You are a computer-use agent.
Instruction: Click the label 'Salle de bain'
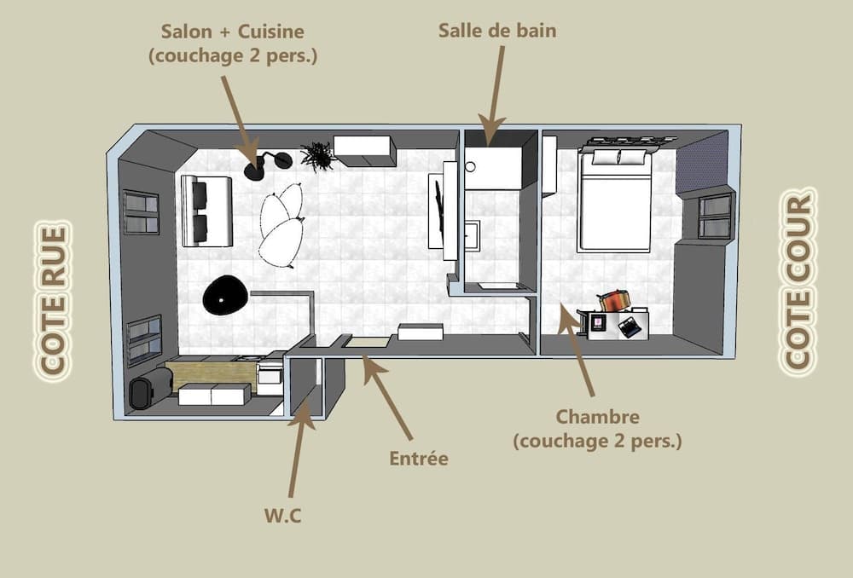[496, 31]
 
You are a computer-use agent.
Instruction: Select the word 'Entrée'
[418, 459]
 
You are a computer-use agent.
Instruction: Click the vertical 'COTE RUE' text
[54, 300]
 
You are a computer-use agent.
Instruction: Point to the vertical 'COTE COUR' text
[799, 281]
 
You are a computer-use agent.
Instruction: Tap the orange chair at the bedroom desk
[613, 300]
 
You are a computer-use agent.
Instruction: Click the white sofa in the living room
[206, 211]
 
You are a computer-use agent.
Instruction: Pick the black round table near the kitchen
[226, 296]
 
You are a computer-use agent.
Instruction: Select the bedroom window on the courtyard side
[715, 217]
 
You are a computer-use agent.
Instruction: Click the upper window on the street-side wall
[141, 212]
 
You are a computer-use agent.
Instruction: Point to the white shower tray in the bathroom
[492, 168]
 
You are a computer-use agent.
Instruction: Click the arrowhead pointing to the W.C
[303, 414]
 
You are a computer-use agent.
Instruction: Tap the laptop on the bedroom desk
[630, 327]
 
